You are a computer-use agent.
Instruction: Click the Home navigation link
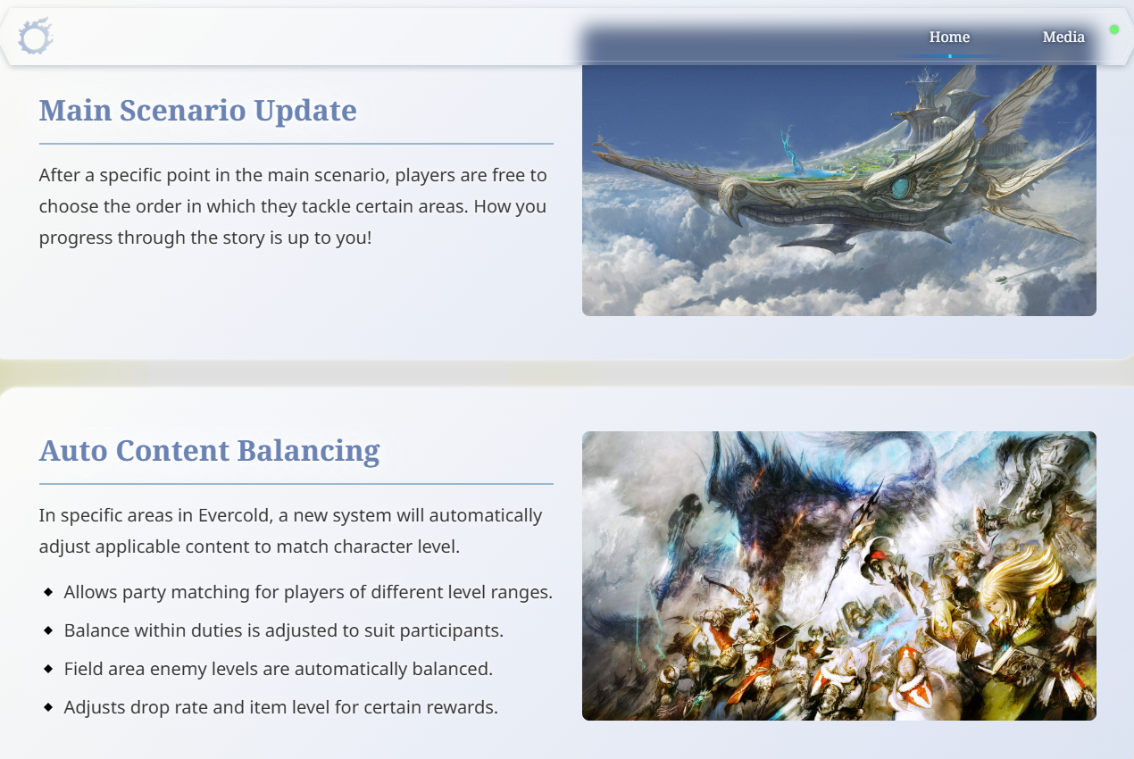949,37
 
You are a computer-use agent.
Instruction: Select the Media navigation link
1063,37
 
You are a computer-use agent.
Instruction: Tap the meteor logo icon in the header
36,36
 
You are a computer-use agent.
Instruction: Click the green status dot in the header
1113,29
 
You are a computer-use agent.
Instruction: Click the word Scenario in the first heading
187,111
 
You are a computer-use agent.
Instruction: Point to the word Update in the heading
305,112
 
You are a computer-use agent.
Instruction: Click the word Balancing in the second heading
309,452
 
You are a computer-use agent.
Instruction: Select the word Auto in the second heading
73,451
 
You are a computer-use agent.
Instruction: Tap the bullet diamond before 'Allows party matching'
48,592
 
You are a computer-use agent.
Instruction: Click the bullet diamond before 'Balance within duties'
48,630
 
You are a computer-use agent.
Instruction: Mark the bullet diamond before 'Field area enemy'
48,669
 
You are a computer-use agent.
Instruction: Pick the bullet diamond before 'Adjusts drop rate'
48,707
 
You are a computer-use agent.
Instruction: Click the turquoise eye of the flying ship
901,188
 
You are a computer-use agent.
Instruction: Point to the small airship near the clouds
1001,279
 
